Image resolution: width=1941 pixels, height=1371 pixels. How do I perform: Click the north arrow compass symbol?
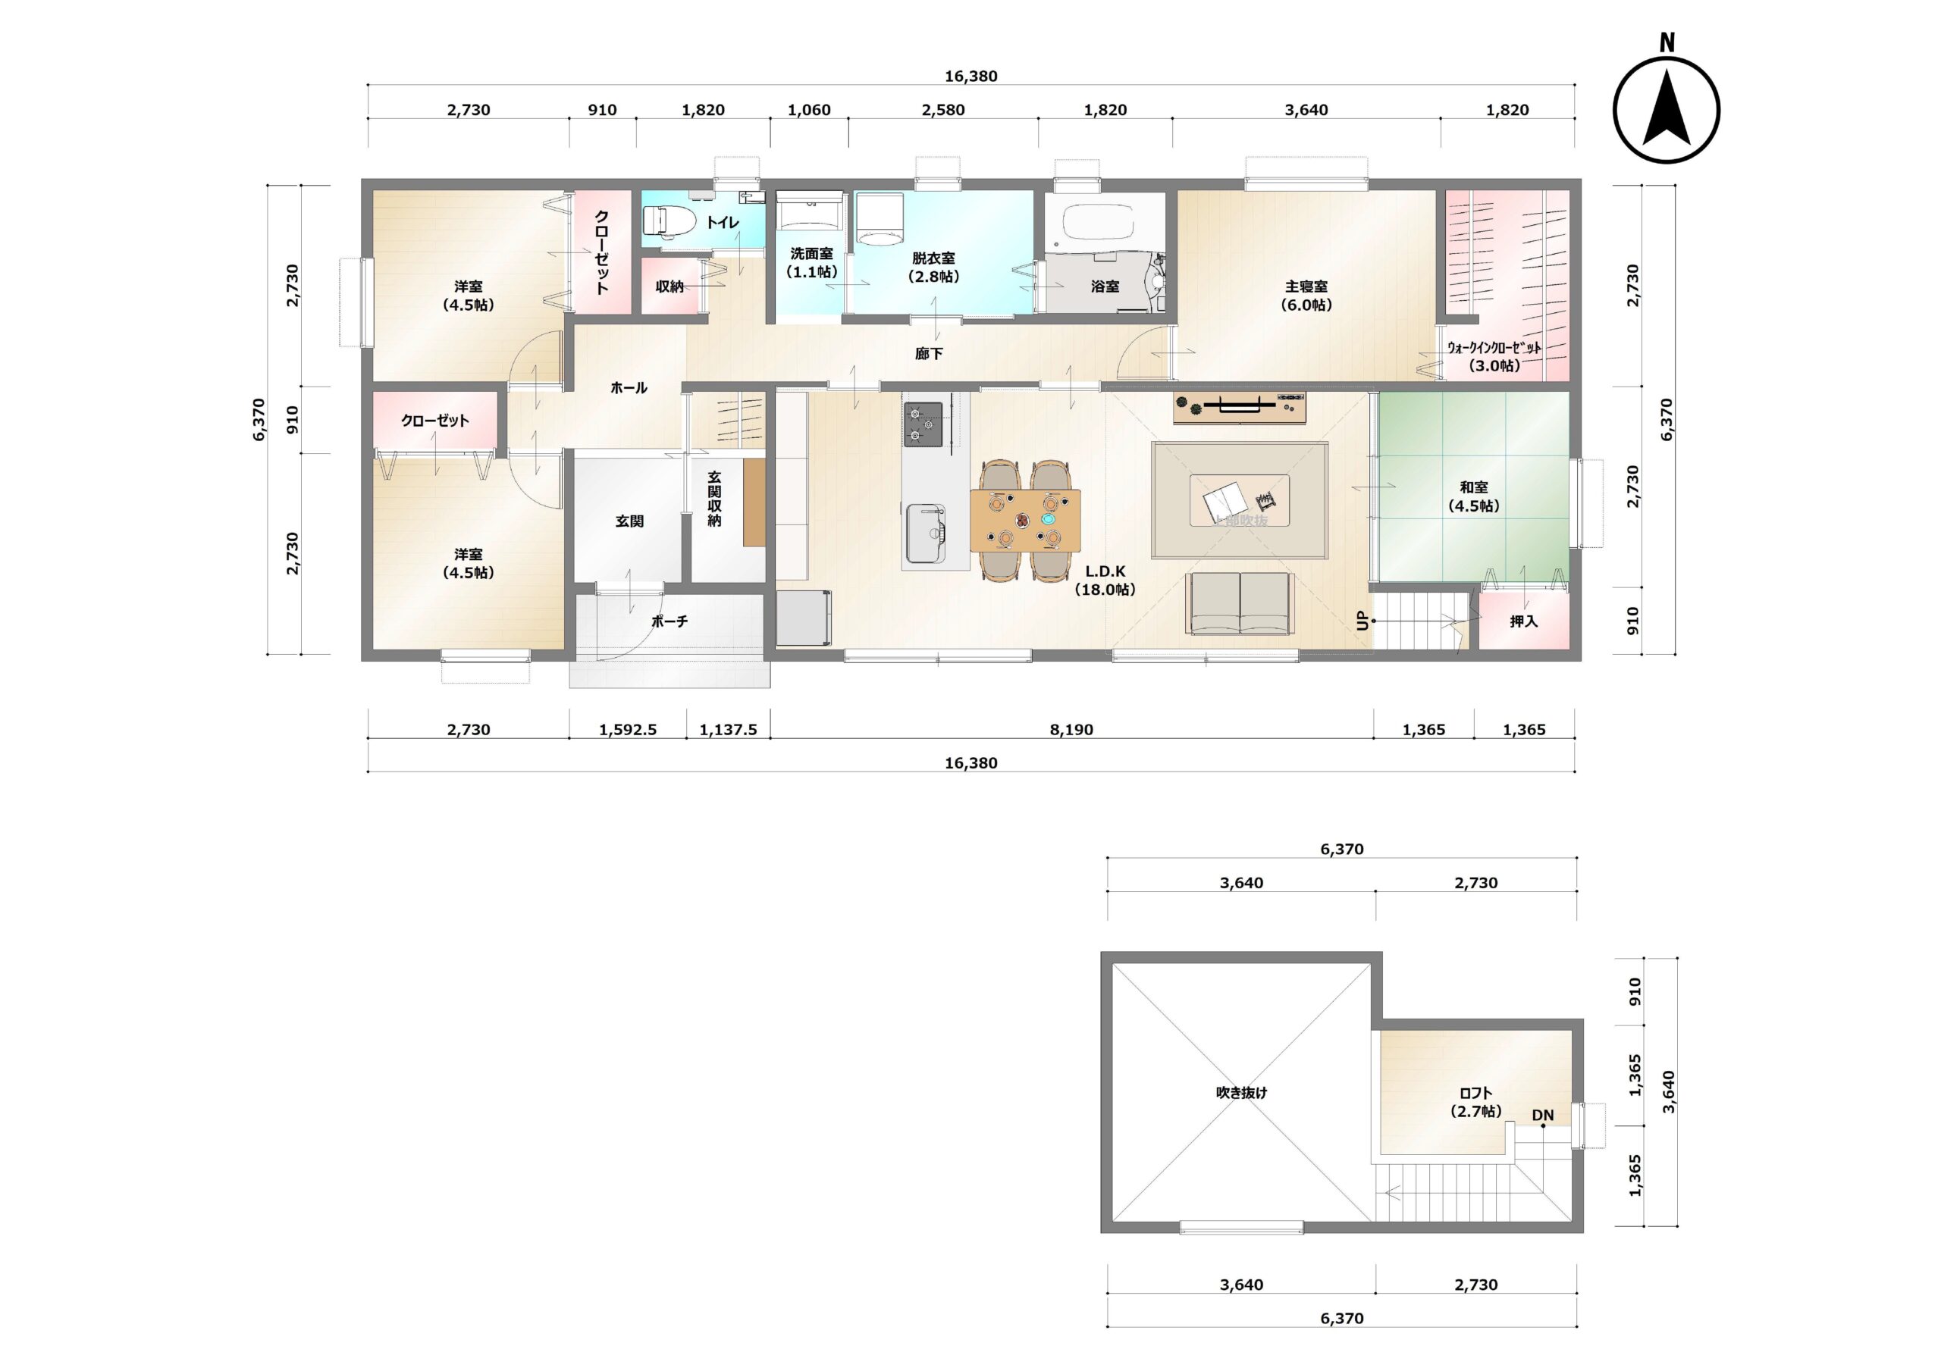[x=1666, y=110]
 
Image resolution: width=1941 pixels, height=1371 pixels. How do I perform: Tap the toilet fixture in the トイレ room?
[x=669, y=221]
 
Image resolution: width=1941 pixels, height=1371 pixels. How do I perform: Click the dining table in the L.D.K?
[x=1025, y=521]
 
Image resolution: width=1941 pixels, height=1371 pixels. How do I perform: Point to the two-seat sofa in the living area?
[x=1240, y=603]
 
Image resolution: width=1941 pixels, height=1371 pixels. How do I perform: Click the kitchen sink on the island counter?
[x=927, y=534]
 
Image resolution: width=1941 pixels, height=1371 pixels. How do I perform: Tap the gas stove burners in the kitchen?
[x=923, y=424]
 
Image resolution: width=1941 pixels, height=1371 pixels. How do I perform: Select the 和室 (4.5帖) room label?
[x=1473, y=497]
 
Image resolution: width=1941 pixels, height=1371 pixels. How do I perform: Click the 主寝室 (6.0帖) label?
[x=1306, y=296]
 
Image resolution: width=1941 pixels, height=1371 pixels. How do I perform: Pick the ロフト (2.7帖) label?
[x=1476, y=1102]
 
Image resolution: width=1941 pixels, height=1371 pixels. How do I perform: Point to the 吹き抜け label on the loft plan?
[x=1241, y=1093]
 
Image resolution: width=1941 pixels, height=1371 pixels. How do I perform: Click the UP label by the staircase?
[x=1362, y=621]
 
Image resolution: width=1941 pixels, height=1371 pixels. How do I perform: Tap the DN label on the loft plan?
[x=1543, y=1116]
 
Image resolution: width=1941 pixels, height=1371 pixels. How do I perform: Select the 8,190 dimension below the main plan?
[x=1071, y=729]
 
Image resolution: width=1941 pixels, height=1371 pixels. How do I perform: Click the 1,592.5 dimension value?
[x=627, y=729]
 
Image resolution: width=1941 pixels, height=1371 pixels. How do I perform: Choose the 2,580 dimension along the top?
[x=942, y=110]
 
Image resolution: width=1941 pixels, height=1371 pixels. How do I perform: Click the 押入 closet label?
[x=1523, y=621]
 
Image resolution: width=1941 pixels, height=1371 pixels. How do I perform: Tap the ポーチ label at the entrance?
[x=669, y=621]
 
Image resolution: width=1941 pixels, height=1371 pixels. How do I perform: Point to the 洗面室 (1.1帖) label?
[x=811, y=263]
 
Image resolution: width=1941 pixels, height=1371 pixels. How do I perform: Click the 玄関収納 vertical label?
[x=714, y=499]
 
